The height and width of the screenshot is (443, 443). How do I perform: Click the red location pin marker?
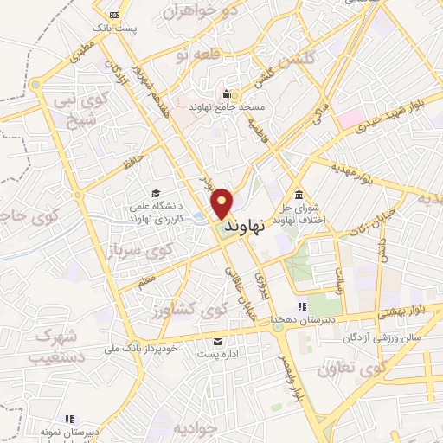(x=222, y=202)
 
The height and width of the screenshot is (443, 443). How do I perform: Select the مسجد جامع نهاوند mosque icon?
(x=227, y=94)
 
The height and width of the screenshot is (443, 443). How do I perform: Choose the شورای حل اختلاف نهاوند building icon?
(x=299, y=193)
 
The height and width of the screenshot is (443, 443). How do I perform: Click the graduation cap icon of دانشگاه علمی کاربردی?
(x=156, y=194)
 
